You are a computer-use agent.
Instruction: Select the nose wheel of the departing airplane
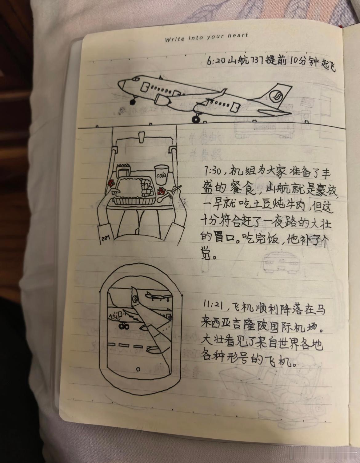click(133, 102)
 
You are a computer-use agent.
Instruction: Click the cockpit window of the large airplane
click(135, 79)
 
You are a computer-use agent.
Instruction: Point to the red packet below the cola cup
click(161, 191)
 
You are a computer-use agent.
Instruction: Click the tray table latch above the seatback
click(141, 137)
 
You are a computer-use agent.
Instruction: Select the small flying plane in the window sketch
click(158, 296)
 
